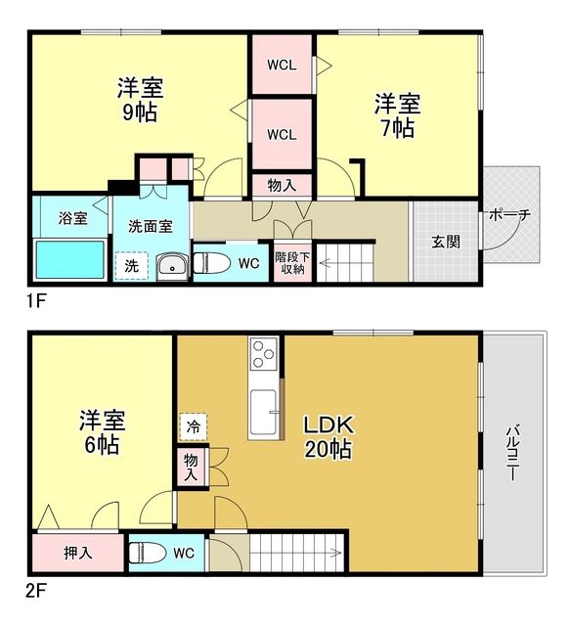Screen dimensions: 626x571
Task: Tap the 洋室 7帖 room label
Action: [397, 114]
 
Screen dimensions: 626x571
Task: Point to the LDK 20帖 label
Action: [327, 437]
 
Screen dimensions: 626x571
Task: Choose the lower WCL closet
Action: [281, 133]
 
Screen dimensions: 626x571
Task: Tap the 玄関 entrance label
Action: [444, 243]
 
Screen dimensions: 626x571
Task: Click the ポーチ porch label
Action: [509, 216]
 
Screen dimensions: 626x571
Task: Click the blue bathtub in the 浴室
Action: [70, 259]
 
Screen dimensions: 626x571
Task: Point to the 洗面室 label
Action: [150, 226]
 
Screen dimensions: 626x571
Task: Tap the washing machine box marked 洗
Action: [130, 264]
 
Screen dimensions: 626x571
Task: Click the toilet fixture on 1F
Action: [210, 263]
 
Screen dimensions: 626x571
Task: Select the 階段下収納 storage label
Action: [291, 262]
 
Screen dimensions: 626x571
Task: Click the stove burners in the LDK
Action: [263, 354]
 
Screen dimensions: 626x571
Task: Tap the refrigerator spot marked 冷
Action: [193, 426]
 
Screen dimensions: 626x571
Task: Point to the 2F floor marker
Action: [36, 591]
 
